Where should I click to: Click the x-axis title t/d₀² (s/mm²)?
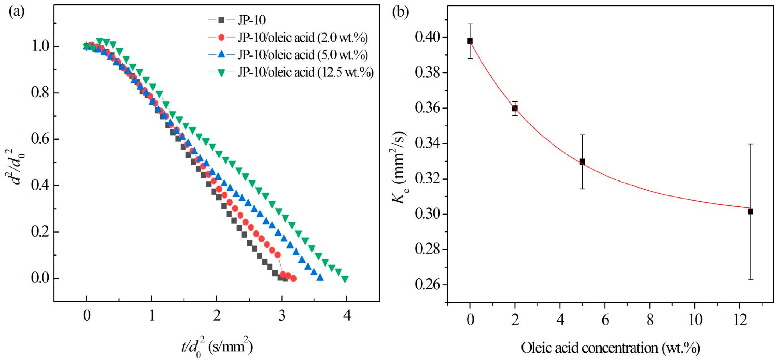(217, 347)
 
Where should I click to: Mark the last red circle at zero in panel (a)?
(293, 278)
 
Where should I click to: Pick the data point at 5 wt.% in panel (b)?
(582, 162)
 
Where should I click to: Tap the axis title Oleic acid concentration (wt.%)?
(610, 348)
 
